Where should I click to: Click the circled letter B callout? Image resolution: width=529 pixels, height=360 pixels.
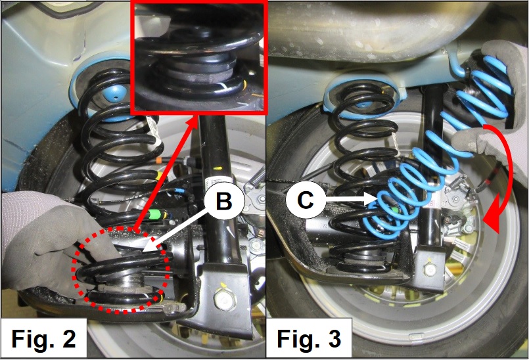224,202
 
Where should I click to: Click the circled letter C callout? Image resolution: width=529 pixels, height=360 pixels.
306,200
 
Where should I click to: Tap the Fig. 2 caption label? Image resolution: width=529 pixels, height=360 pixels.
44,338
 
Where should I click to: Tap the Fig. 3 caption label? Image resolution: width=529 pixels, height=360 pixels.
309,338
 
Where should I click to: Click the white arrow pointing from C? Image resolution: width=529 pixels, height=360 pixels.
350,200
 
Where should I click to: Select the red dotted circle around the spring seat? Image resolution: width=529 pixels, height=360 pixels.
120,269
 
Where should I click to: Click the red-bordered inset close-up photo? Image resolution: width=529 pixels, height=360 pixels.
198,56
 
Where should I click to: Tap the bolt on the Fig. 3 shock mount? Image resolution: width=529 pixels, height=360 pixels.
429,269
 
